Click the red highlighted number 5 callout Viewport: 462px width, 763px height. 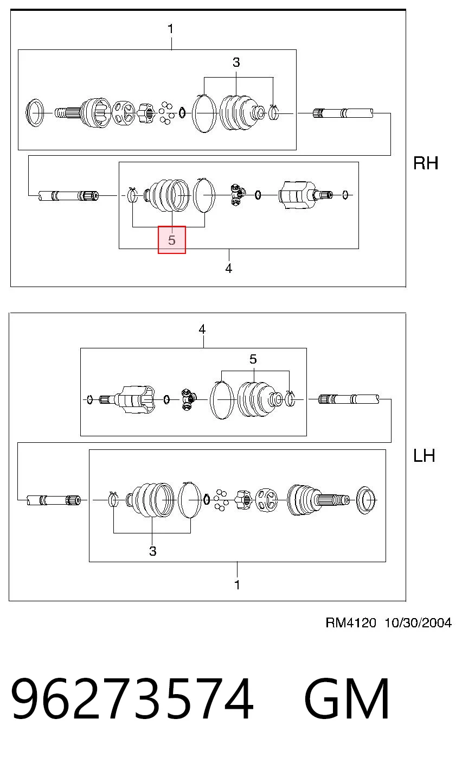click(171, 240)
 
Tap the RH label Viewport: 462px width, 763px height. click(426, 163)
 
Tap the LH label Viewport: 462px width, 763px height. click(424, 455)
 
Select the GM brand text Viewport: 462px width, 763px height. click(347, 698)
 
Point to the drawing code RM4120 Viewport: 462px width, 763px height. click(351, 622)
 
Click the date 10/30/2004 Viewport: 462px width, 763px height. click(418, 622)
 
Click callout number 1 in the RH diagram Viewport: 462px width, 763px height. click(171, 29)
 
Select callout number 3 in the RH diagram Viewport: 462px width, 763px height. click(236, 62)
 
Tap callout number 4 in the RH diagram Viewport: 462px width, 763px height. click(229, 269)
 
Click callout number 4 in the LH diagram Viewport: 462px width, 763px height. click(202, 329)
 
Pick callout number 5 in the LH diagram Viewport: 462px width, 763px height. click(253, 359)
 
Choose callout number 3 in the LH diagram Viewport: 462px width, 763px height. click(153, 551)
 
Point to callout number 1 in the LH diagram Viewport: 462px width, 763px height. click(238, 585)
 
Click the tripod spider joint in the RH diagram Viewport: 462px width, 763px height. click(237, 194)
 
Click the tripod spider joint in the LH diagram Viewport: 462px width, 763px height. click(189, 399)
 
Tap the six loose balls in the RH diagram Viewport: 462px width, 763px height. click(166, 113)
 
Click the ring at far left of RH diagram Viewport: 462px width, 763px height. click(35, 113)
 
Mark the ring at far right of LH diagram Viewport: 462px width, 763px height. click(365, 500)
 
